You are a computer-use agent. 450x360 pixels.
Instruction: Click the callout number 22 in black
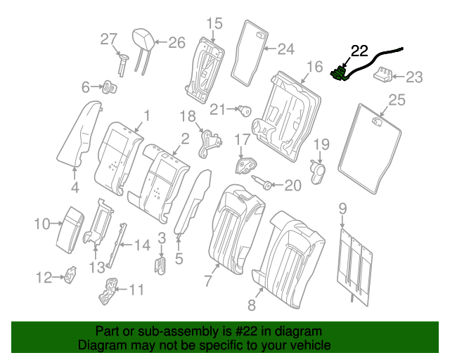pyautogui.click(x=359, y=51)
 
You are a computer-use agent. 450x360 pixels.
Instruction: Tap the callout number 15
pyautogui.click(x=213, y=23)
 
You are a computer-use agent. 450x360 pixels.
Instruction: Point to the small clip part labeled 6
pyautogui.click(x=110, y=88)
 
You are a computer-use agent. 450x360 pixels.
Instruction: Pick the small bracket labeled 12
pyautogui.click(x=70, y=278)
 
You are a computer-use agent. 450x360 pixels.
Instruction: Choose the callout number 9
pyautogui.click(x=343, y=207)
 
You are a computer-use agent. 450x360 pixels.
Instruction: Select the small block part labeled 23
pyautogui.click(x=384, y=73)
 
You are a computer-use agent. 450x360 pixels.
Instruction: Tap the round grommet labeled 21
pyautogui.click(x=245, y=109)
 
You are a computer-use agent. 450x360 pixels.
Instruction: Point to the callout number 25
pyautogui.click(x=397, y=101)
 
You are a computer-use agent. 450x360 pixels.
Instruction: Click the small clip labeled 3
pyautogui.click(x=160, y=266)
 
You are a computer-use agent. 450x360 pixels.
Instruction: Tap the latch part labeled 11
pyautogui.click(x=109, y=290)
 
